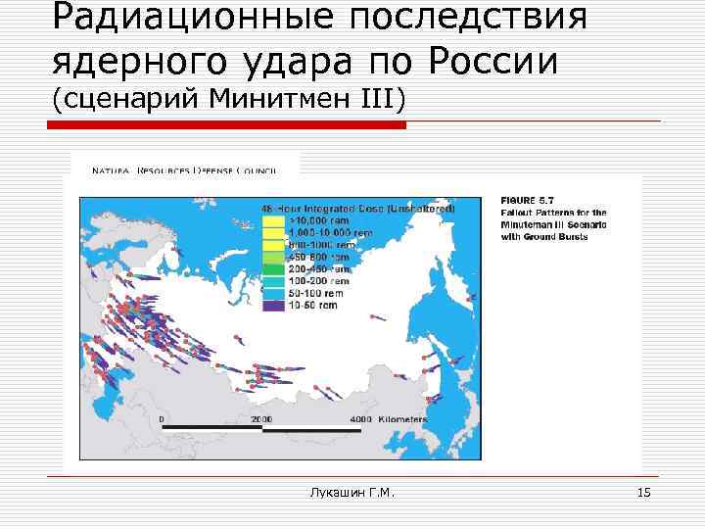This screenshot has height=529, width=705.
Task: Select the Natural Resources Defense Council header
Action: click(x=183, y=170)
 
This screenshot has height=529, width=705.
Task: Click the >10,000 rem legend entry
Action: click(x=314, y=221)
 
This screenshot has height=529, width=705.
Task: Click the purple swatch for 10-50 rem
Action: click(x=273, y=305)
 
